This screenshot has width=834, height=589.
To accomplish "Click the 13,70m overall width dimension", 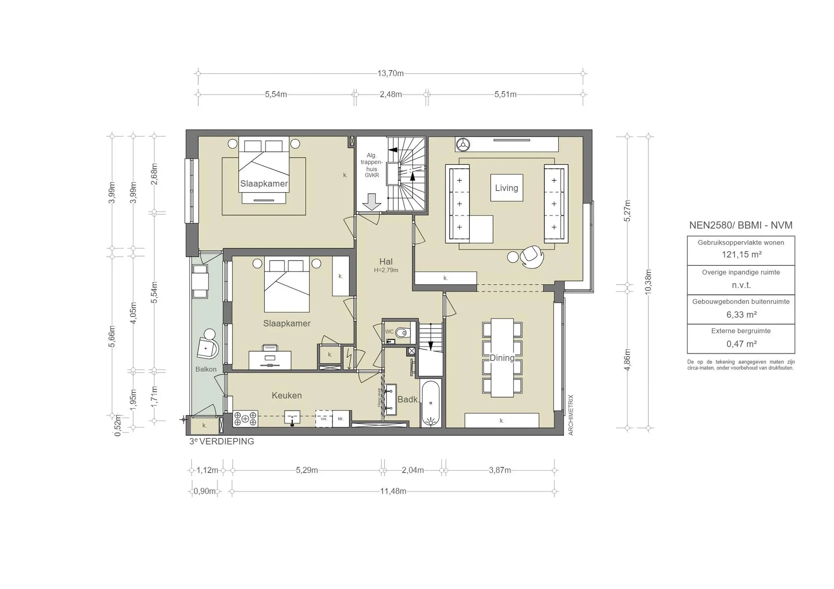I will (390, 74).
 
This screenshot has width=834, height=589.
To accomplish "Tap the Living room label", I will (506, 188).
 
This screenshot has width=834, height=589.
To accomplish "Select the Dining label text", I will (502, 358).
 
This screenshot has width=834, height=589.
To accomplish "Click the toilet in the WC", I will (402, 333).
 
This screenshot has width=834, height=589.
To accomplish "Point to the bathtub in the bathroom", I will (430, 403).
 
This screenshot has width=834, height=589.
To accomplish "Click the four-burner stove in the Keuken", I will (245, 419).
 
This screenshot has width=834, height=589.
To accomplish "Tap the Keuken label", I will (287, 396).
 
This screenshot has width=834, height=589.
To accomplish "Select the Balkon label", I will (206, 369).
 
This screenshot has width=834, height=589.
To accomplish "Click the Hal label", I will (386, 262).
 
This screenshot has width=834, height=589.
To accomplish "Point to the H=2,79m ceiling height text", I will (386, 270).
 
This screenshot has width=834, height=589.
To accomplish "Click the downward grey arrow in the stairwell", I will (371, 202).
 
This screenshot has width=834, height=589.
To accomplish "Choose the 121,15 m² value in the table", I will (741, 255).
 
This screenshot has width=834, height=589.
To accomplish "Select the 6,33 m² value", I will (741, 315).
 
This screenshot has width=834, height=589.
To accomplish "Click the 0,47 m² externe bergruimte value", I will (741, 344).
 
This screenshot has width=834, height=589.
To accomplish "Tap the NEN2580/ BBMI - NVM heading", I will (740, 225).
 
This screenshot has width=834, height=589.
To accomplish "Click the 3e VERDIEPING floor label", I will (222, 442).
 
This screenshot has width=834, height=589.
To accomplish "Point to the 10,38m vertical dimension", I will (648, 282).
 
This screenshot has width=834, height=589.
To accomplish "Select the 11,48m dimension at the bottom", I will (393, 491).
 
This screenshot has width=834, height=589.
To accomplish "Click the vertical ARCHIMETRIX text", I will (571, 415).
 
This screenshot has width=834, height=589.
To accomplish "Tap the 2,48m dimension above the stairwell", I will (391, 95).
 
